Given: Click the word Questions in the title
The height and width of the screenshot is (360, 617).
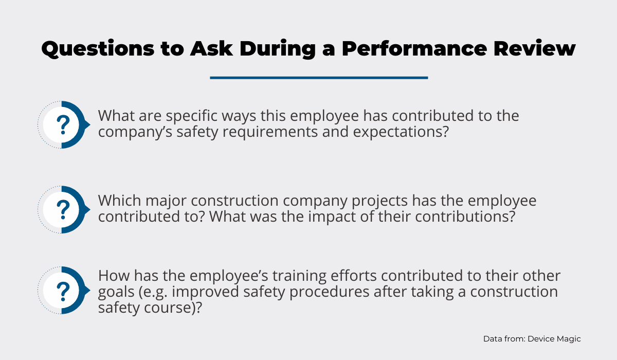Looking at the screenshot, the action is [x=98, y=49].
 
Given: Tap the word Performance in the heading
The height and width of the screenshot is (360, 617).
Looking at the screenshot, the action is [x=414, y=48].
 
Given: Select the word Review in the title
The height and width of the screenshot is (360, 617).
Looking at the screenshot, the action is [x=534, y=48].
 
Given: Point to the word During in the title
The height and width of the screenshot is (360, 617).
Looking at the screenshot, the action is [x=278, y=49].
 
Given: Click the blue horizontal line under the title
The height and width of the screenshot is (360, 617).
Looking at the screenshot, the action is [x=319, y=78].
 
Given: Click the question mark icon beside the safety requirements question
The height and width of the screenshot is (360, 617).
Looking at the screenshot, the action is [x=64, y=125].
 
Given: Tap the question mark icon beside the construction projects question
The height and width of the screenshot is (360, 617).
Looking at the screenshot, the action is [x=64, y=210].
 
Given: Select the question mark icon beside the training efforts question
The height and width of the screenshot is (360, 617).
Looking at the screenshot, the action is [x=64, y=290].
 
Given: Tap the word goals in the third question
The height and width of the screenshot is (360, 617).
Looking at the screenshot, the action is [x=116, y=292].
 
